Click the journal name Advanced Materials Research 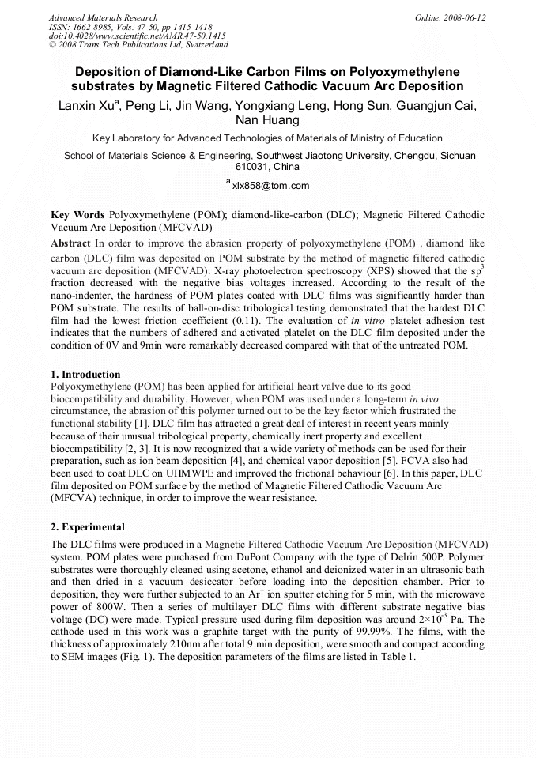103,17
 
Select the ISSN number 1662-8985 95,27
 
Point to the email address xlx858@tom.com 270,186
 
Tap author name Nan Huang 268,121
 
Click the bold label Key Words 77,214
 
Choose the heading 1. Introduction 85,374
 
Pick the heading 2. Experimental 87,526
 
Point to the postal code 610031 254,167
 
